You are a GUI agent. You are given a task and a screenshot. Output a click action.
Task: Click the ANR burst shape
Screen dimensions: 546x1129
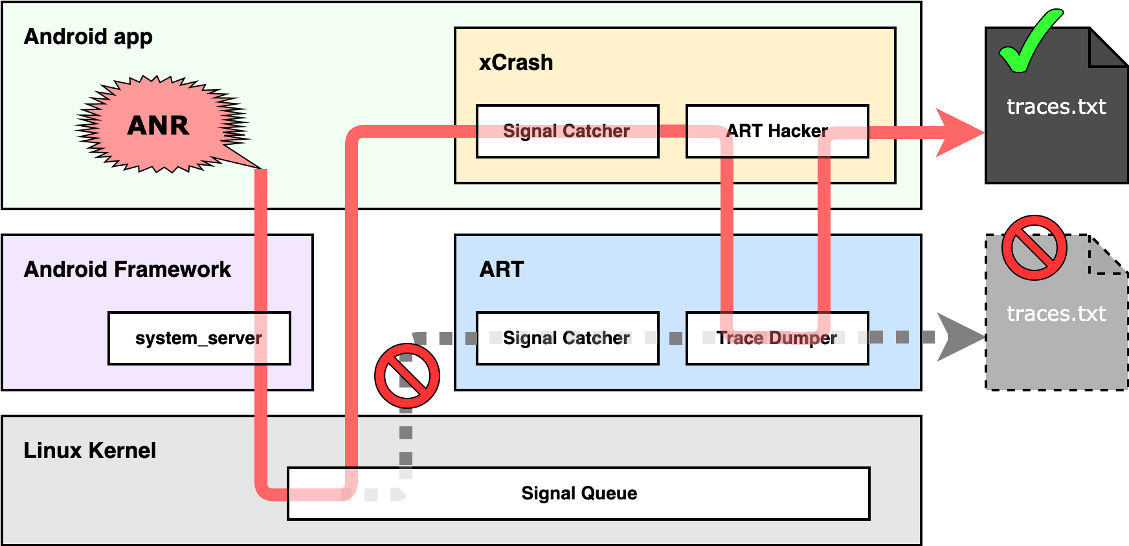[159, 124]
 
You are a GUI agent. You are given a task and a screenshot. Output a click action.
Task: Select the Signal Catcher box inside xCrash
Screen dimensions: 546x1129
[567, 131]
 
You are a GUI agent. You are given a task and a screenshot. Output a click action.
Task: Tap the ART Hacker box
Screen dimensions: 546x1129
[777, 131]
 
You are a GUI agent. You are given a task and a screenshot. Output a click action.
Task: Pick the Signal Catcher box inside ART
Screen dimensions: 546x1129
[567, 338]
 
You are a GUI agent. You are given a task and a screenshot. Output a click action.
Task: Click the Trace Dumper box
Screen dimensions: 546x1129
[777, 338]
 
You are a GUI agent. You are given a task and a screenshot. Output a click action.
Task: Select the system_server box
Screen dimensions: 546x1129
[199, 338]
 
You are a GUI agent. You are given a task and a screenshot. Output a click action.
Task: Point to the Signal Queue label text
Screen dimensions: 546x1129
[579, 494]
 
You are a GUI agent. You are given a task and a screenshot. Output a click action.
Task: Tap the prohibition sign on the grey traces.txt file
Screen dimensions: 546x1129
[1034, 248]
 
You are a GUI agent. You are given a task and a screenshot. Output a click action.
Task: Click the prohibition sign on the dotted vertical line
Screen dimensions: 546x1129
[407, 376]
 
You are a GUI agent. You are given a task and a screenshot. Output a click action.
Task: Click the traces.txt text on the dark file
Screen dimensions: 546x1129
[1056, 107]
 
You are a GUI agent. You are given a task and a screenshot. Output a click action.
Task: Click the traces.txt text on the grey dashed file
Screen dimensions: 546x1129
[1056, 314]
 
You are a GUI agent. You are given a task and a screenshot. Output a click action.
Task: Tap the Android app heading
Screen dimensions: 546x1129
[88, 37]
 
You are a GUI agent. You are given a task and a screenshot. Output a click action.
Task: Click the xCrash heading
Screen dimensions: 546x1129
[516, 63]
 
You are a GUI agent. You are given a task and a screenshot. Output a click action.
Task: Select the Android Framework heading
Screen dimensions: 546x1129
[127, 269]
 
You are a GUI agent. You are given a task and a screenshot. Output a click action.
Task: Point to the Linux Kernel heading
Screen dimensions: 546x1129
[89, 450]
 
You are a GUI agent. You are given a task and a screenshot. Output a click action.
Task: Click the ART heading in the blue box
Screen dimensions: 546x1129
[501, 269]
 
